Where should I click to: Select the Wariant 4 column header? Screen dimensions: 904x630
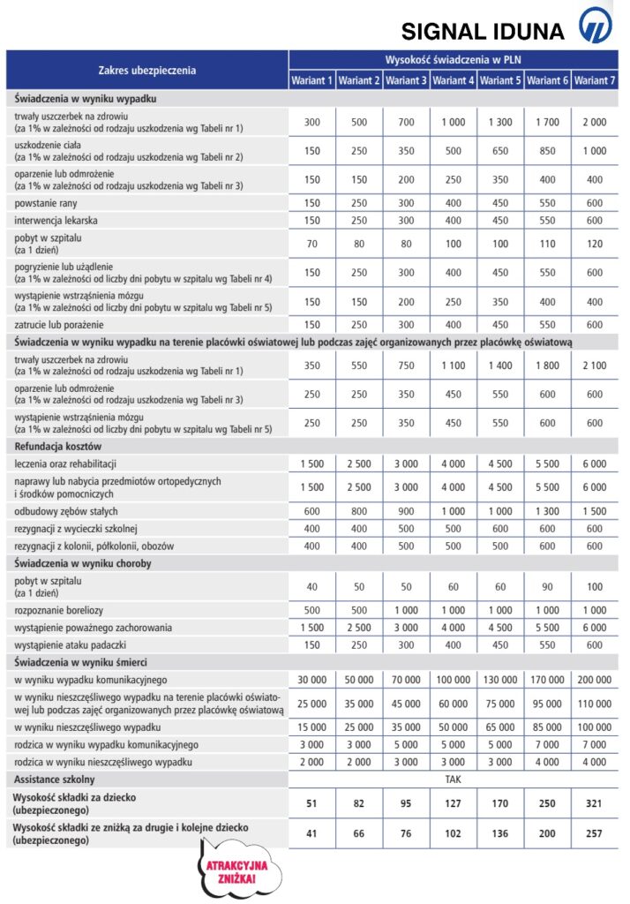coord(454,80)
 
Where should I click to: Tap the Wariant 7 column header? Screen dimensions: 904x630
coord(595,80)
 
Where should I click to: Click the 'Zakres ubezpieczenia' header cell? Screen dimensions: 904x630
coord(147,70)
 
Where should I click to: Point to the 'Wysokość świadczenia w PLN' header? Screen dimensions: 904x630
coord(454,60)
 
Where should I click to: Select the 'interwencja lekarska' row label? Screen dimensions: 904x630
coord(55,220)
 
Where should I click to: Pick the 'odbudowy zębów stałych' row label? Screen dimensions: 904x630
coord(66,511)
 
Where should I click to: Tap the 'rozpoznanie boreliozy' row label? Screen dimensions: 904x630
coord(60,610)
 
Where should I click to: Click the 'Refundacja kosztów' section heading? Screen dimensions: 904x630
coord(59,446)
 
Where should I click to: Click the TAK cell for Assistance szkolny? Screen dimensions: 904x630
coord(454,780)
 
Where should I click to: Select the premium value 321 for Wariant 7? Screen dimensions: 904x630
coord(595,803)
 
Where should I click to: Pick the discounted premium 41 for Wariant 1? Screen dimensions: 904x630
coord(311,833)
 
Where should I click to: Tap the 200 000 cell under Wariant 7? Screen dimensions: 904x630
coord(595,679)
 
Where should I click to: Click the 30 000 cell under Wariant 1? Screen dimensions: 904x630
coord(311,679)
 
